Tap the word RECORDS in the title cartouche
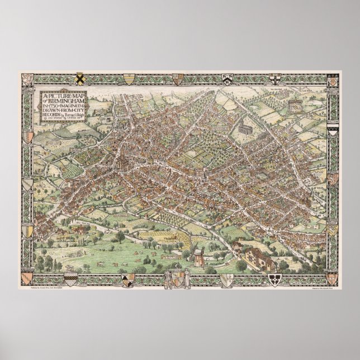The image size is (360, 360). (53, 119)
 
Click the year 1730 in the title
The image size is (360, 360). (61, 103)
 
